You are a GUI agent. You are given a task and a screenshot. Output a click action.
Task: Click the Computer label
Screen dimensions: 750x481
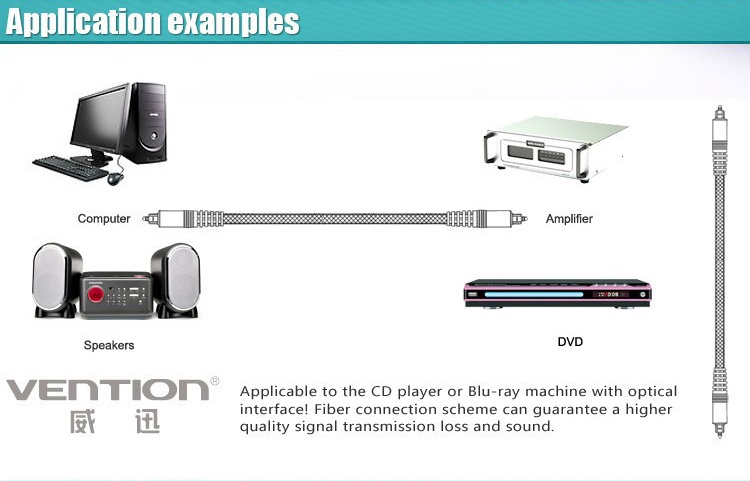pos(104,219)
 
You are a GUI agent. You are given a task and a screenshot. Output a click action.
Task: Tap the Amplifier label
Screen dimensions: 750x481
pos(569,219)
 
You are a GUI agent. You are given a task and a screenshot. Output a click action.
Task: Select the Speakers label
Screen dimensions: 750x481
pos(109,345)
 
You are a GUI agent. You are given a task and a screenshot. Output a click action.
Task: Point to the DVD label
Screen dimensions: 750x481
pos(570,342)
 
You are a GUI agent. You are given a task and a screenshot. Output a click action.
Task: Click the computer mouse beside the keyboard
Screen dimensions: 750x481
pos(115,179)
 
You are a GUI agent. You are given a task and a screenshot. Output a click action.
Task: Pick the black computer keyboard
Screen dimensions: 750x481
pos(70,168)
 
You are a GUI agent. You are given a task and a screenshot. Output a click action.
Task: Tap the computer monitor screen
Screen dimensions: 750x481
pos(100,120)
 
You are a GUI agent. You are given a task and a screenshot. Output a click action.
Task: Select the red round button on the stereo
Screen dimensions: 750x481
pos(96,294)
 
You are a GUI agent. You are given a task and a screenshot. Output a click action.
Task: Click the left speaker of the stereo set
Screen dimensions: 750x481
pos(55,280)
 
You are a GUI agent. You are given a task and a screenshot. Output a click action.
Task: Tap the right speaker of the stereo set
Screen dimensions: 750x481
pos(176,280)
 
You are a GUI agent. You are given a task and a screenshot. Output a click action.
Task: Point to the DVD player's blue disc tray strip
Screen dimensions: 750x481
pos(533,295)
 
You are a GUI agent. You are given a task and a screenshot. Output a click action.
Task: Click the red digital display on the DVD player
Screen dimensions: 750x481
pos(611,294)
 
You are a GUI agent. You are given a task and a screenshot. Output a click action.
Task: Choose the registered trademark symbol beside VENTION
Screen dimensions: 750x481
pos(215,381)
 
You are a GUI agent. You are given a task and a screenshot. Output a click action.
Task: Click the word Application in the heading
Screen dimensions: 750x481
pos(84,22)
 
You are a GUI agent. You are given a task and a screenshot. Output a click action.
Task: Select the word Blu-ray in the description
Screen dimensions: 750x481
pos(494,392)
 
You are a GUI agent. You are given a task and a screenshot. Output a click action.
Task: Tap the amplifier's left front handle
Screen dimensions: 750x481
pos(490,148)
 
